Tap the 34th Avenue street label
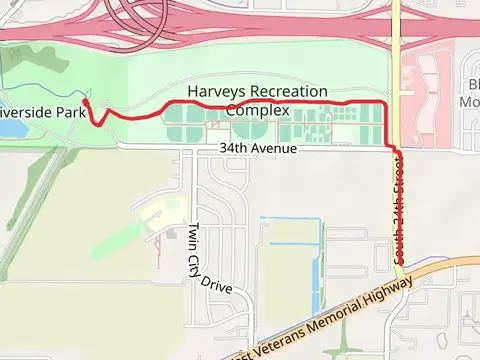click(x=259, y=149)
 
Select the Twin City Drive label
click(x=206, y=257)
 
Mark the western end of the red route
click(x=87, y=100)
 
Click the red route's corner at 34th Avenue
click(x=393, y=148)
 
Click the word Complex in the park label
click(x=258, y=109)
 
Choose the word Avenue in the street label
click(x=273, y=149)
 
